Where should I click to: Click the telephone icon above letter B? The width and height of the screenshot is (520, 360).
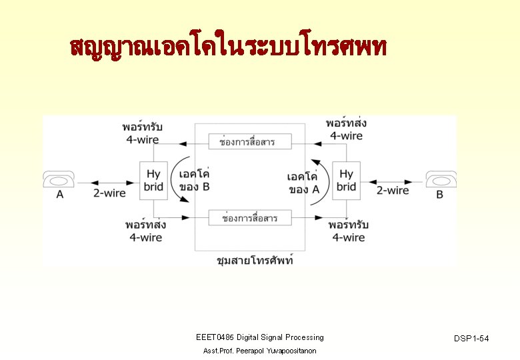(441, 180)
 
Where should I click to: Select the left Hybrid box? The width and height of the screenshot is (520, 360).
(153, 180)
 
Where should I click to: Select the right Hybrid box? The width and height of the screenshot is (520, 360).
(346, 180)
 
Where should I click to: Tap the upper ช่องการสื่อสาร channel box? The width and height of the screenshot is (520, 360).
(247, 142)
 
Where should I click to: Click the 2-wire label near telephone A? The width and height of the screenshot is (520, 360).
(109, 193)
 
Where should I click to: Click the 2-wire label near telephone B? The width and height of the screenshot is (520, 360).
(393, 191)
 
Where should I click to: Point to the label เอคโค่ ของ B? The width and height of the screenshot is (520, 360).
(195, 181)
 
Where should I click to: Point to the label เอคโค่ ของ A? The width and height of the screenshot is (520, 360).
(303, 183)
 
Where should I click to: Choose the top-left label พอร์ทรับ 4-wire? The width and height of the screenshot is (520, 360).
(143, 132)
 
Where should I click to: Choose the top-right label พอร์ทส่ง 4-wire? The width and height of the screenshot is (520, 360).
(346, 129)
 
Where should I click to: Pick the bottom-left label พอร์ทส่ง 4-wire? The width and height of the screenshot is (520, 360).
(145, 231)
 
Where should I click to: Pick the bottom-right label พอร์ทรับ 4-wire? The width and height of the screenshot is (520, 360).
(348, 231)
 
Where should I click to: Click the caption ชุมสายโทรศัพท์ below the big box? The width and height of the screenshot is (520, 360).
(255, 261)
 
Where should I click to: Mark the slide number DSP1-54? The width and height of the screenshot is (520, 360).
(471, 339)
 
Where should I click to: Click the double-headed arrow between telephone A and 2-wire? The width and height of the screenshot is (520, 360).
(83, 181)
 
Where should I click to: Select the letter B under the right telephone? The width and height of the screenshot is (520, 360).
(439, 195)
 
